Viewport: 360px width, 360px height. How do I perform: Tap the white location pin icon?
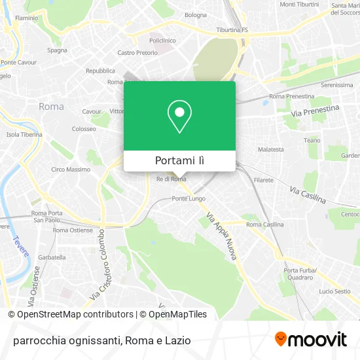pyautogui.click(x=179, y=116)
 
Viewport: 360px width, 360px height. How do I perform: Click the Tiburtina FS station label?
pyautogui.click(x=232, y=29)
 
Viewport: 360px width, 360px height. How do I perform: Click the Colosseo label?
pyautogui.click(x=84, y=129)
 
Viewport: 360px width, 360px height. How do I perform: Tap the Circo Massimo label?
pyautogui.click(x=71, y=170)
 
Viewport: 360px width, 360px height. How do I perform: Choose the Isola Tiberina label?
pyautogui.click(x=24, y=134)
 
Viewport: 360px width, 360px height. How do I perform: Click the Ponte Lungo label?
pyautogui.click(x=189, y=198)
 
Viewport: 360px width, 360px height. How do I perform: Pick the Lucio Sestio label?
pyautogui.click(x=334, y=291)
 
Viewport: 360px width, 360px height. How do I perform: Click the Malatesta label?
pyautogui.click(x=271, y=149)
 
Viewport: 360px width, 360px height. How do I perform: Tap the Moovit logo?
pyautogui.click(x=311, y=340)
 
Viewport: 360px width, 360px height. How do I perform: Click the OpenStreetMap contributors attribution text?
pyautogui.click(x=71, y=314)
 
